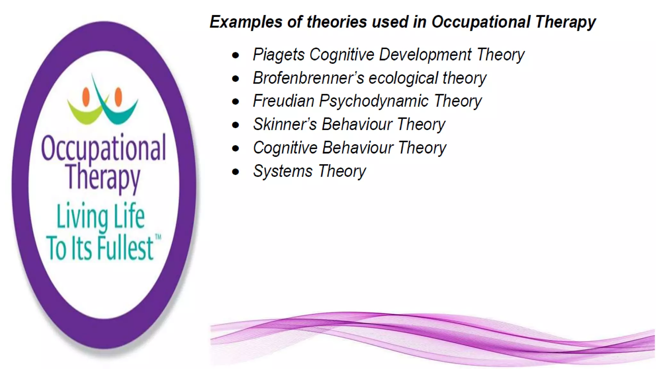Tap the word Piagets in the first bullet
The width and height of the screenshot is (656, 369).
pyautogui.click(x=278, y=55)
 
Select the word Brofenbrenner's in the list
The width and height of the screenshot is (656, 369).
pyautogui.click(x=308, y=78)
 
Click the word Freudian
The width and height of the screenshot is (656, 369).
pyautogui.click(x=283, y=101)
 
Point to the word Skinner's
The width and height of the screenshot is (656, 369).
pyautogui.click(x=285, y=124)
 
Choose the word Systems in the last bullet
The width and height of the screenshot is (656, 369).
pyautogui.click(x=283, y=171)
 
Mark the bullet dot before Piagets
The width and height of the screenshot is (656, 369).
pyautogui.click(x=235, y=55)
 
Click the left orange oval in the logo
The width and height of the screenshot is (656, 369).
pyautogui.click(x=86, y=97)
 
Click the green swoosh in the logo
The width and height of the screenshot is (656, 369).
pyautogui.click(x=84, y=114)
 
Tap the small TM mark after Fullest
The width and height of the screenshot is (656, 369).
pyautogui.click(x=158, y=237)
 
